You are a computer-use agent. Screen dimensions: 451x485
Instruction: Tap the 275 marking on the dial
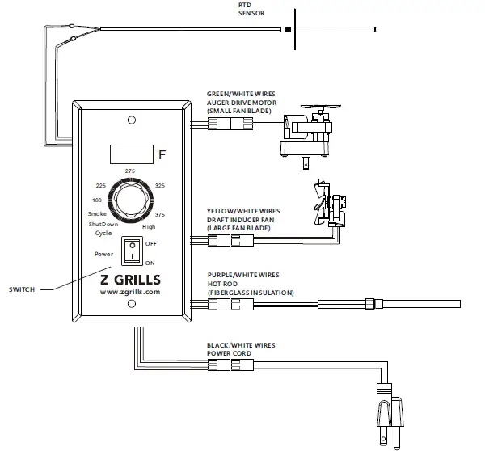tap(129, 171)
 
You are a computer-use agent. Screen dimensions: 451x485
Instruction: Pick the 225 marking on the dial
tap(101, 185)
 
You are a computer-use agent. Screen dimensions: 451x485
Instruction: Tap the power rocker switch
tap(129, 251)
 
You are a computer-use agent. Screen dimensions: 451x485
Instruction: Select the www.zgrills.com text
tap(129, 292)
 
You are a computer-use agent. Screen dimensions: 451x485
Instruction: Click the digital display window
tap(130, 152)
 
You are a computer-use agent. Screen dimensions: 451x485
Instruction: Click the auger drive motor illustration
tap(307, 130)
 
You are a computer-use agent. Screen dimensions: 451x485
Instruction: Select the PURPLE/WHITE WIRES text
tap(242, 276)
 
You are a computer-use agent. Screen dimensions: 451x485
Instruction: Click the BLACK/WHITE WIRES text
tap(241, 345)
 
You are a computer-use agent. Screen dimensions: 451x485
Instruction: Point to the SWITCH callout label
tap(22, 289)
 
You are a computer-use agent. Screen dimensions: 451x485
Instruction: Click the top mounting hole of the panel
tap(129, 120)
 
